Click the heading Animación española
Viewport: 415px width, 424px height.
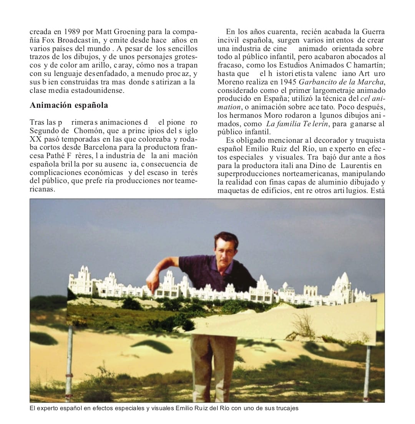[69, 105]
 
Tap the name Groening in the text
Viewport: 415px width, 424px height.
[129, 32]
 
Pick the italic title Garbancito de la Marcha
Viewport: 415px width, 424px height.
[342, 82]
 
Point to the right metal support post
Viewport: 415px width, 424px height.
[368, 368]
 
